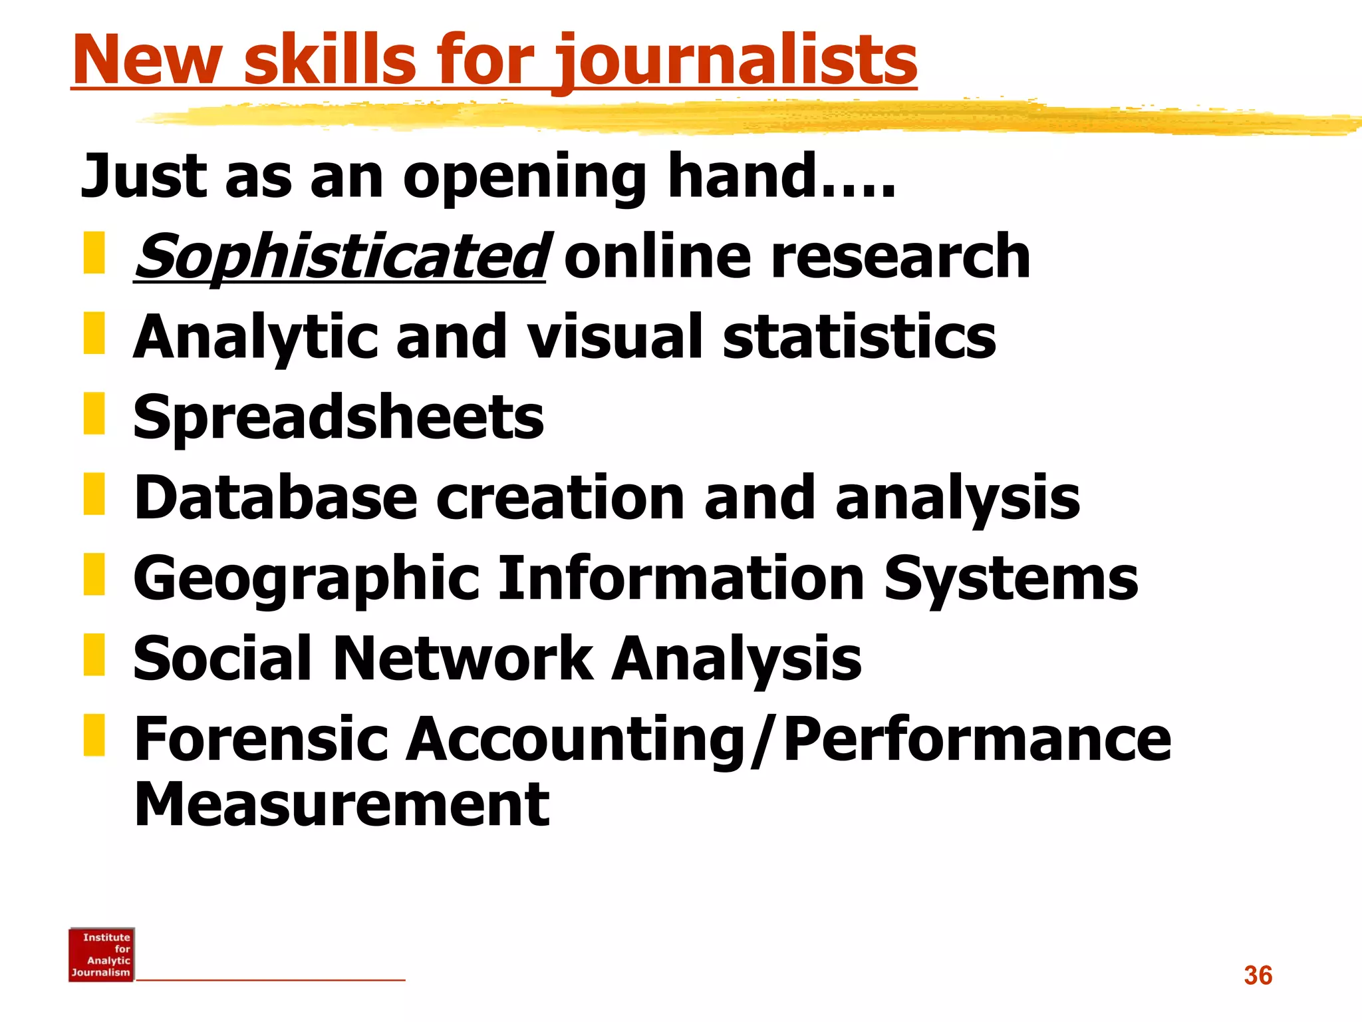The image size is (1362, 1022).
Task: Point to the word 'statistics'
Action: (x=859, y=337)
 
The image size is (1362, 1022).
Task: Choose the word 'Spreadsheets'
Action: (x=339, y=418)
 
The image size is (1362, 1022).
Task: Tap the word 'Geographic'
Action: (x=306, y=579)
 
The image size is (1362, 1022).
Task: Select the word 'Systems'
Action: (x=1011, y=578)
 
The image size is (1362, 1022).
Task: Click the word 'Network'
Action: (x=462, y=659)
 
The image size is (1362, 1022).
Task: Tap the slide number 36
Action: (x=1258, y=975)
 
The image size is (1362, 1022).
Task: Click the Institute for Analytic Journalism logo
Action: (x=102, y=955)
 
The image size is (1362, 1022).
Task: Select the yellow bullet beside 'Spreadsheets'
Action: (x=94, y=414)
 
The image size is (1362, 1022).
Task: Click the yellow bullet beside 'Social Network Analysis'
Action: (x=94, y=655)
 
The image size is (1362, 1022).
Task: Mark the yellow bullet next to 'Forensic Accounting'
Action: (x=94, y=735)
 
